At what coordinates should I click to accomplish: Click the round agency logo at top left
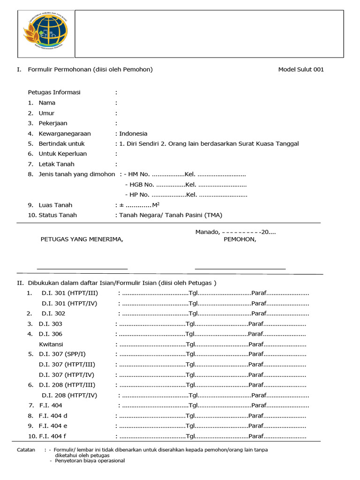click(45, 33)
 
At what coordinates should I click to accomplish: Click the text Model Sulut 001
click(300, 70)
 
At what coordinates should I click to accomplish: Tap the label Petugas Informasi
click(54, 92)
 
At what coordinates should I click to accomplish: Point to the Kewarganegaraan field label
click(65, 134)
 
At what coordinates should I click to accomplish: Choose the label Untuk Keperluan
click(62, 154)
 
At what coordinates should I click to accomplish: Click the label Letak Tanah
click(56, 164)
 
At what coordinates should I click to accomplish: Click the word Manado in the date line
click(207, 232)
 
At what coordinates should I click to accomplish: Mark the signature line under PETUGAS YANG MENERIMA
click(82, 269)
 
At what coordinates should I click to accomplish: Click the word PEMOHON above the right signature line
click(239, 239)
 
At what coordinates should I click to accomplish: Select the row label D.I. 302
click(53, 314)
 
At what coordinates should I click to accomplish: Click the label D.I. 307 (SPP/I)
click(62, 354)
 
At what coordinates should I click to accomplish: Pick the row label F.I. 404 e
click(53, 426)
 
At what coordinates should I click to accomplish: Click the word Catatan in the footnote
click(26, 450)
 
